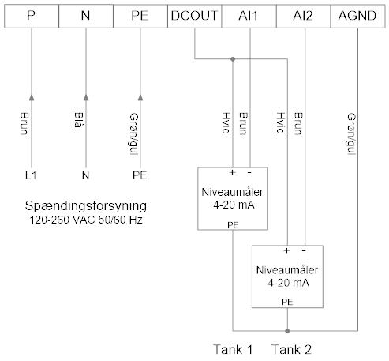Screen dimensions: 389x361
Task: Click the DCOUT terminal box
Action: (x=195, y=16)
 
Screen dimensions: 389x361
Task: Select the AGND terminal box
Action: (x=357, y=16)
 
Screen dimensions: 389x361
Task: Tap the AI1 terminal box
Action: (x=249, y=16)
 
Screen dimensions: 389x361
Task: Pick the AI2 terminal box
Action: (x=304, y=16)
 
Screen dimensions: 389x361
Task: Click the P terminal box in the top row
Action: (x=32, y=16)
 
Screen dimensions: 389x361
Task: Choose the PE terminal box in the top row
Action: (x=140, y=16)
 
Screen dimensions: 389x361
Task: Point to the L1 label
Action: (x=31, y=175)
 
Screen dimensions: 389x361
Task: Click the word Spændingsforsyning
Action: (x=86, y=206)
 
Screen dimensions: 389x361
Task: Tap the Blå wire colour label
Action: (x=78, y=120)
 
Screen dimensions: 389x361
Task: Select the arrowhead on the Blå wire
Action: (x=86, y=97)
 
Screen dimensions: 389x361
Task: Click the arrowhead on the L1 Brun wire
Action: (x=32, y=97)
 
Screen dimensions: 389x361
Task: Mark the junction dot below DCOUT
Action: (x=233, y=59)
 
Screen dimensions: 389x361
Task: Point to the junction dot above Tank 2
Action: (x=287, y=331)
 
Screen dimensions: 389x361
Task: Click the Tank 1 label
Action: (x=233, y=350)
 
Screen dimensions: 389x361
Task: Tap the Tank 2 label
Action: (x=291, y=350)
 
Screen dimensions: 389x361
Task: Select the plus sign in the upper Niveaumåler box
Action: (x=232, y=173)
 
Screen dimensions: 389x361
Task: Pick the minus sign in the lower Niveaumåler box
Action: (x=304, y=250)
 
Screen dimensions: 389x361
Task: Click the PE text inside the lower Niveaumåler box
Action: (x=287, y=302)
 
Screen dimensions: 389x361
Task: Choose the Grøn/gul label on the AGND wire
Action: (x=351, y=134)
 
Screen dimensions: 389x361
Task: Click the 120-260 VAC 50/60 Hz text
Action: (x=86, y=220)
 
